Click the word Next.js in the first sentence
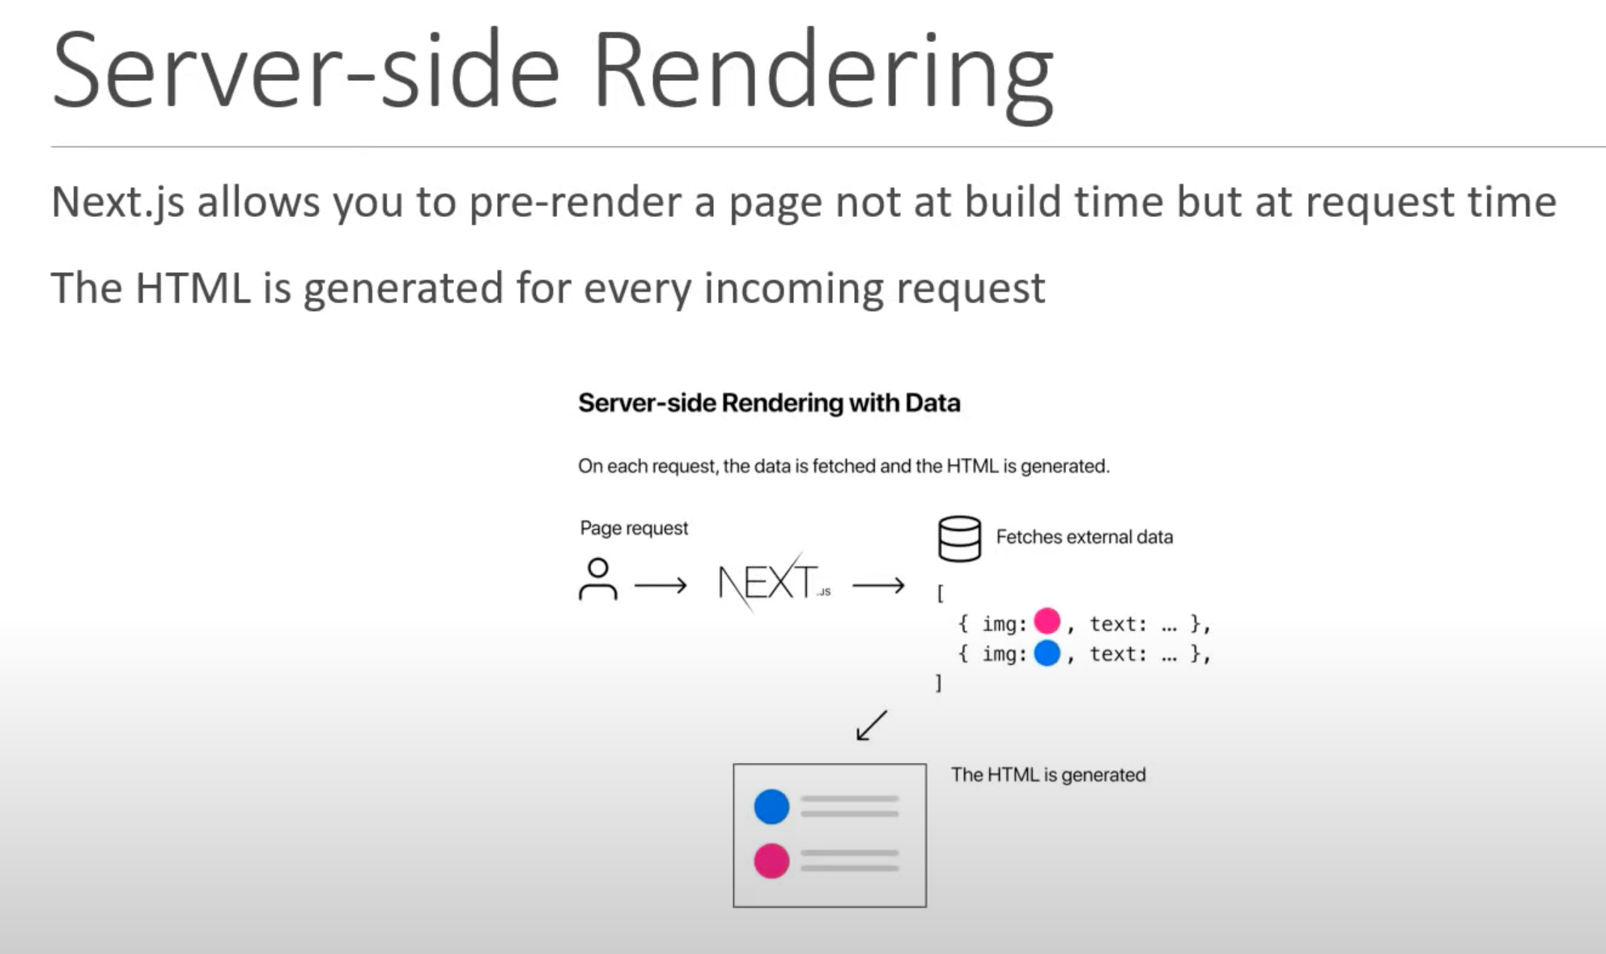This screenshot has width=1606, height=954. pyautogui.click(x=118, y=202)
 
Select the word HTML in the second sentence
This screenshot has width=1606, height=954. pyautogui.click(x=193, y=288)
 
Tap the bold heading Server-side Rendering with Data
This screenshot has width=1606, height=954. pyautogui.click(x=769, y=403)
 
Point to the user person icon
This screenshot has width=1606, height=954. pyautogui.click(x=598, y=579)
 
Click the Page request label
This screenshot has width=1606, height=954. pyautogui.click(x=634, y=528)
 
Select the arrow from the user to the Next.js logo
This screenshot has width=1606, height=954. pyautogui.click(x=661, y=585)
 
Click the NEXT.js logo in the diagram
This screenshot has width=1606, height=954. pyautogui.click(x=774, y=582)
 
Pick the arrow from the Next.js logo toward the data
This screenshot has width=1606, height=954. pyautogui.click(x=878, y=585)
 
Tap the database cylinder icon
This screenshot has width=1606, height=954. pyautogui.click(x=959, y=539)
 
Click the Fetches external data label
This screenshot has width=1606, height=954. pyautogui.click(x=1084, y=537)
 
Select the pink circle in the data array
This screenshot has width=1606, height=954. pyautogui.click(x=1047, y=621)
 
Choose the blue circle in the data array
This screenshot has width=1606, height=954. pyautogui.click(x=1047, y=653)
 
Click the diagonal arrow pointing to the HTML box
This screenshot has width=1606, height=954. pyautogui.click(x=872, y=726)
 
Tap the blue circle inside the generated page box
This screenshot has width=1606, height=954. pyautogui.click(x=771, y=807)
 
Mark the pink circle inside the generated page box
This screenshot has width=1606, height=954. pyautogui.click(x=771, y=861)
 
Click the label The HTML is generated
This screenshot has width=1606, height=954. pyautogui.click(x=1048, y=775)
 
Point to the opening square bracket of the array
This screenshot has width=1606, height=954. pyautogui.click(x=940, y=594)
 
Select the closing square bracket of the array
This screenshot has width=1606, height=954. pyautogui.click(x=938, y=684)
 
